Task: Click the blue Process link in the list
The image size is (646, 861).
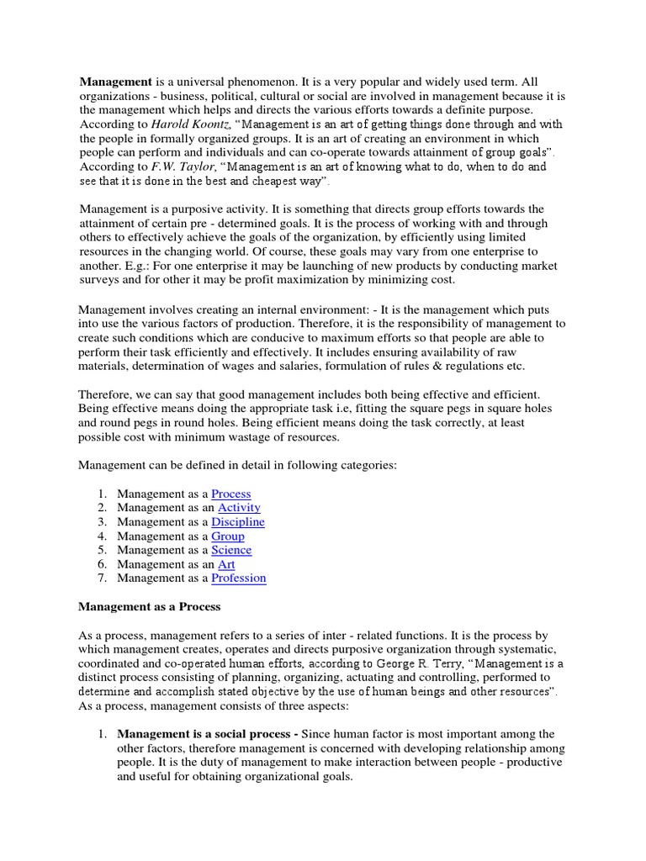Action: pyautogui.click(x=230, y=494)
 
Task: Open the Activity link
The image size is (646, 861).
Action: pyautogui.click(x=239, y=508)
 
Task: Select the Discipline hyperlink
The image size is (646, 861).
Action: pyautogui.click(x=237, y=522)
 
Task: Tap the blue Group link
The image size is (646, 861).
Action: pyautogui.click(x=227, y=536)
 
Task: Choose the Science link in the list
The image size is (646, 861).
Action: pyautogui.click(x=231, y=550)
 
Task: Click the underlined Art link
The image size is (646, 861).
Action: pyautogui.click(x=226, y=564)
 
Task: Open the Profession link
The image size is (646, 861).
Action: pyautogui.click(x=238, y=578)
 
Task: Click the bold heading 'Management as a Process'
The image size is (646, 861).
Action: pyautogui.click(x=149, y=607)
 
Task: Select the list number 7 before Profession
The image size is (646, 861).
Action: pyautogui.click(x=101, y=578)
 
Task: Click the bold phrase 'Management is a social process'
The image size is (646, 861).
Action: pyautogui.click(x=207, y=735)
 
